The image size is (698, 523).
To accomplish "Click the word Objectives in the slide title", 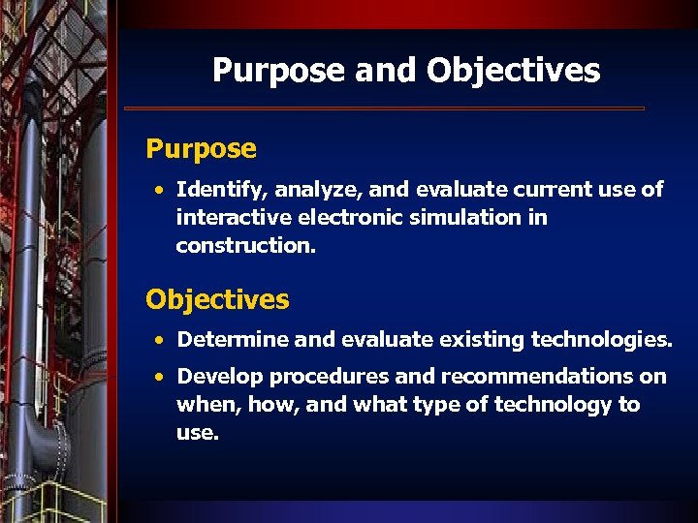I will click(x=513, y=71).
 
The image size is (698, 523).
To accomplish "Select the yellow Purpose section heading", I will click(x=201, y=149).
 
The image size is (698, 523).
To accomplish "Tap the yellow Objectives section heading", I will click(x=217, y=299).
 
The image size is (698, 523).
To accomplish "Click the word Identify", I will click(x=214, y=190).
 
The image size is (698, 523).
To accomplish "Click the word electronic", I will click(x=345, y=218).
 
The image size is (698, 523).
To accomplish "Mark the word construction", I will click(x=245, y=246).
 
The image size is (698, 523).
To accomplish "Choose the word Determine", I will click(x=233, y=340).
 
